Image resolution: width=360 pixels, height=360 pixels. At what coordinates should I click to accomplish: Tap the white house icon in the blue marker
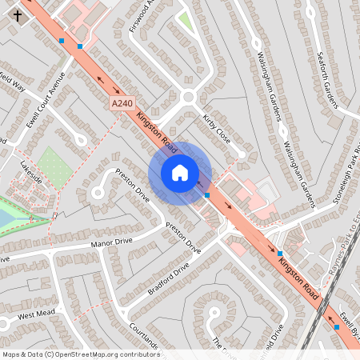180,173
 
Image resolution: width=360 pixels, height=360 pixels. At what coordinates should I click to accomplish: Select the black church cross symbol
18,15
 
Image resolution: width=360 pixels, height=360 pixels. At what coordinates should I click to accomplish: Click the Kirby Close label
217,129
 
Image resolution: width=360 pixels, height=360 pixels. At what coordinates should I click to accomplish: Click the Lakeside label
31,176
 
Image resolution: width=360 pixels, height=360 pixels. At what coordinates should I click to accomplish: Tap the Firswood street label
140,17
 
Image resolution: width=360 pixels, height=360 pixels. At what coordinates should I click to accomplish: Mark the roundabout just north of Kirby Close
189,98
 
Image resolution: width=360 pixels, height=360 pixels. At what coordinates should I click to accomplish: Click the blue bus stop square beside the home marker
207,194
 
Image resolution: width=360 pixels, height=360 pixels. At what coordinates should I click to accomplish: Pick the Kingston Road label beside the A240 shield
156,131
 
